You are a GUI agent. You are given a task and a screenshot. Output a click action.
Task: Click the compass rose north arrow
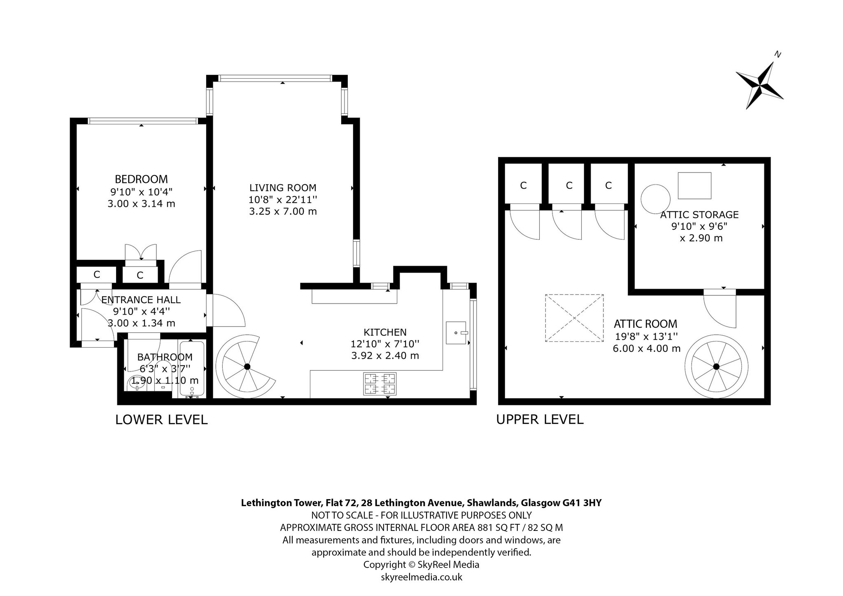pos(760,85)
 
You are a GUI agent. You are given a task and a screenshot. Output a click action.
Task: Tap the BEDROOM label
pos(141,179)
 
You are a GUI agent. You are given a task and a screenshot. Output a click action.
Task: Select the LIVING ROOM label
pos(283,188)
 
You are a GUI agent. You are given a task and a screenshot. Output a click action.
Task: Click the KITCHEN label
pos(385,332)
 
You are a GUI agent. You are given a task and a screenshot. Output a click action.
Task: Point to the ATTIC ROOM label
pos(645,324)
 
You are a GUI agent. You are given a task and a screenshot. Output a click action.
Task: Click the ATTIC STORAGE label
pos(699,215)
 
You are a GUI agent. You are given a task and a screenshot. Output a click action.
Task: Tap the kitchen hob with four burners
pos(380,383)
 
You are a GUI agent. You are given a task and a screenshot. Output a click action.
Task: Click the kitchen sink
pos(456,333)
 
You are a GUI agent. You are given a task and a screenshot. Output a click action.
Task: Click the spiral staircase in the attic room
pos(716,366)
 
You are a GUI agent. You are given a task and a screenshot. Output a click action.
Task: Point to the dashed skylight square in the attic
pos(574,318)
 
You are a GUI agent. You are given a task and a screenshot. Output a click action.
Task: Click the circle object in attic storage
pos(656,199)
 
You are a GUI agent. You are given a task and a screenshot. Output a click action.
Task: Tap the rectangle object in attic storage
pos(694,186)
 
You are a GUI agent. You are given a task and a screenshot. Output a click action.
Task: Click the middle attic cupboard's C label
pos(569,185)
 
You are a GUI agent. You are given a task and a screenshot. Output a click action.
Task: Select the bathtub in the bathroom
pos(192,369)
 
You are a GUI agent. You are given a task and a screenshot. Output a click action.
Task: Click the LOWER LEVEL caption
pos(161,420)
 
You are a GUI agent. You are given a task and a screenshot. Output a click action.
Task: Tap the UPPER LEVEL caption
pos(540,419)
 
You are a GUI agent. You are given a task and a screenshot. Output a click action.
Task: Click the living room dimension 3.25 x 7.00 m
pos(283,211)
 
